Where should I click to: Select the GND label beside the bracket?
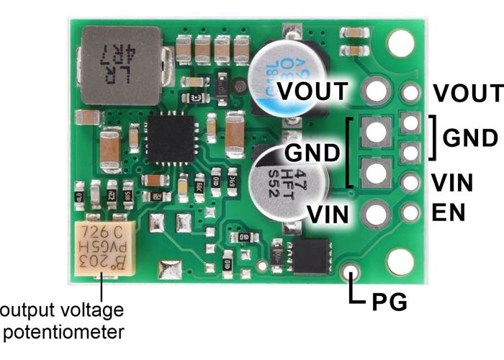pyautogui.click(x=469, y=138)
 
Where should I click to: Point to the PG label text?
pyautogui.click(x=390, y=302)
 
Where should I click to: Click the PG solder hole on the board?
pyautogui.click(x=351, y=273)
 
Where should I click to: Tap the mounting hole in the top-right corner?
pyautogui.click(x=398, y=43)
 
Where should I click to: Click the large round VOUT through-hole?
pyautogui.click(x=375, y=91)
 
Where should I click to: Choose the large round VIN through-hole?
pyautogui.click(x=375, y=213)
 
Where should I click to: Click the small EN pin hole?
pyautogui.click(x=411, y=212)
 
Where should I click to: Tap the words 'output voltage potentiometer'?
pyautogui.click(x=62, y=320)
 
